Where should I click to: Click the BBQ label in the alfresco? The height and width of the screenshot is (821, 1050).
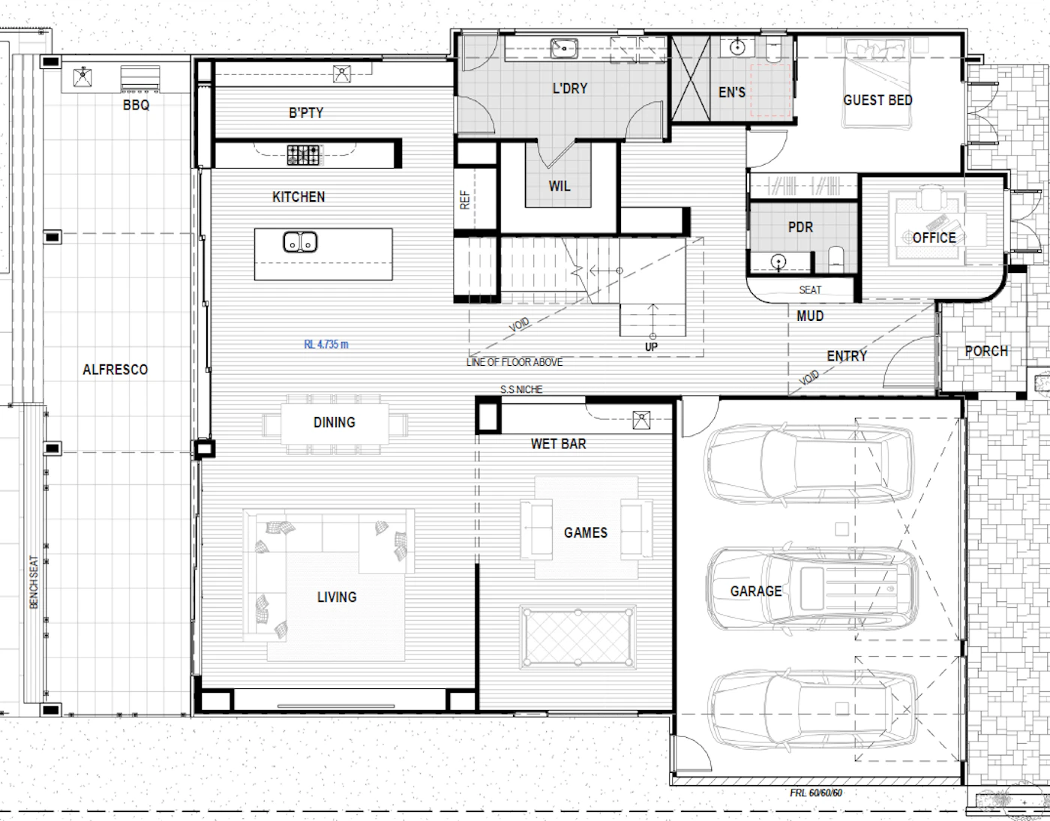(x=136, y=105)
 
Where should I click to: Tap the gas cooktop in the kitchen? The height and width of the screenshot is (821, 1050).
(x=304, y=155)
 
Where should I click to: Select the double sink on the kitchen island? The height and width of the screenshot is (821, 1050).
(x=300, y=242)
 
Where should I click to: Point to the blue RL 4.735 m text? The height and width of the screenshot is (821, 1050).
(x=326, y=344)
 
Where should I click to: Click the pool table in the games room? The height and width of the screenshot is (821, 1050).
(x=578, y=638)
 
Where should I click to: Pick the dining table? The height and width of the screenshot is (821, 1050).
(x=334, y=424)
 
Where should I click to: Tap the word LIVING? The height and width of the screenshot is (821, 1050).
(x=337, y=598)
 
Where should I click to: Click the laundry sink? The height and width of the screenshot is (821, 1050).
(x=564, y=48)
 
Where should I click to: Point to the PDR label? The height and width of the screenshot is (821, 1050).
(x=801, y=227)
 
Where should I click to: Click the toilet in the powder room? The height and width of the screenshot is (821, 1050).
(x=836, y=259)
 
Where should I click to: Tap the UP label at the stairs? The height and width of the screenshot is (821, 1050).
(x=651, y=346)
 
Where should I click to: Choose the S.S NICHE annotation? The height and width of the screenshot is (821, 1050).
(x=521, y=389)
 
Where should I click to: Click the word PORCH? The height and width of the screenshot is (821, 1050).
(x=987, y=351)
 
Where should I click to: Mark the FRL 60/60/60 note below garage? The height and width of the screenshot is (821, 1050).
(x=816, y=793)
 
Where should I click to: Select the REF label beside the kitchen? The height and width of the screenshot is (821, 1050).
(x=465, y=199)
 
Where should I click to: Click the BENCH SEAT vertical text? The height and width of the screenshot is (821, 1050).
(x=34, y=582)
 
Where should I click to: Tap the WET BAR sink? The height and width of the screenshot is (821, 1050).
(x=641, y=420)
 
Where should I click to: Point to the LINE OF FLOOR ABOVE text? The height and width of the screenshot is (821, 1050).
(x=514, y=362)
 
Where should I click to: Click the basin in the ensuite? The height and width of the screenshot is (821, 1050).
(x=737, y=47)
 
